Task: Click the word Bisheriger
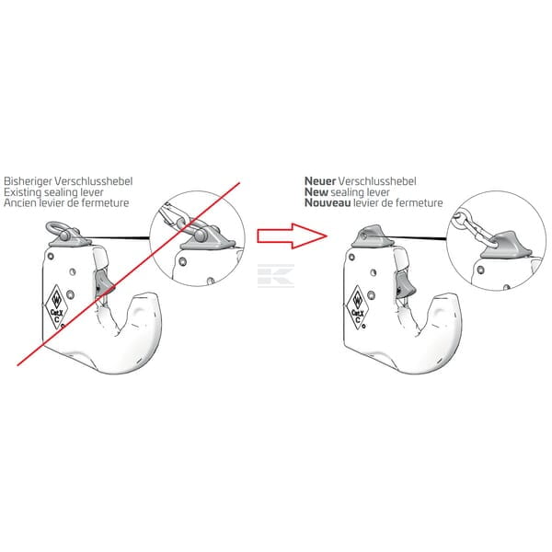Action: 28,181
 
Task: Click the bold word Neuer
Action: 320,181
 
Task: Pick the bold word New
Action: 316,192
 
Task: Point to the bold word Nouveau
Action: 328,202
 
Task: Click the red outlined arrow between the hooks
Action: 293,236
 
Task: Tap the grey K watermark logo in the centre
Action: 276,276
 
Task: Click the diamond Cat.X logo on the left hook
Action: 56,306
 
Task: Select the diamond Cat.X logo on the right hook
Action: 357,307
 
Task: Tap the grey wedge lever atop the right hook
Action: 372,236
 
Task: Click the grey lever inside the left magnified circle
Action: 208,238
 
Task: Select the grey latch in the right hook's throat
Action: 405,284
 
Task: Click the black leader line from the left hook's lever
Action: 118,238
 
